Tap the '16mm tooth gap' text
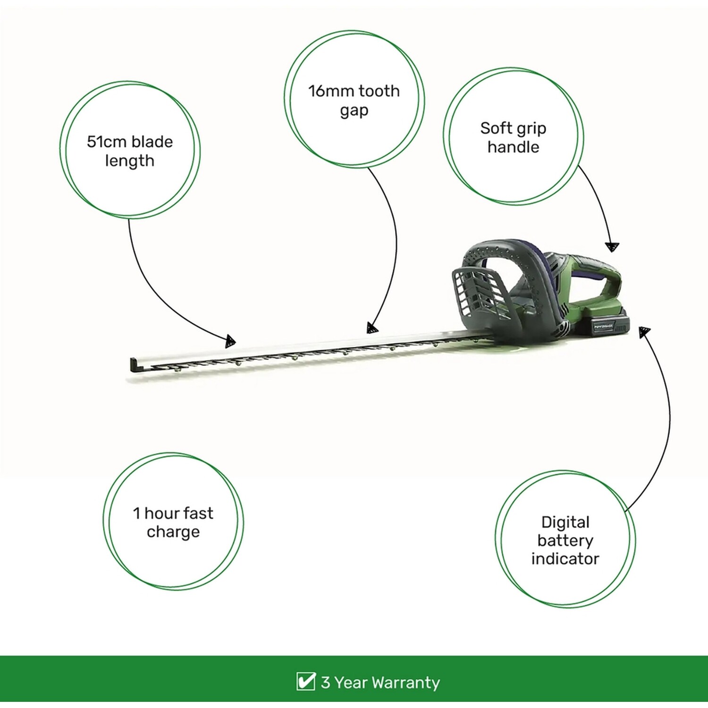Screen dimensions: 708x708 click(354, 101)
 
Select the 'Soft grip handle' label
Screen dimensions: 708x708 click(513, 137)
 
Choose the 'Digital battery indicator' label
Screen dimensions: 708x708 click(565, 540)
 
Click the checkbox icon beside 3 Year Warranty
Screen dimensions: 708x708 click(305, 682)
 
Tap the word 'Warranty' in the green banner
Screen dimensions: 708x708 click(405, 683)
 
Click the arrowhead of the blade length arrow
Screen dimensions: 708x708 click(230, 341)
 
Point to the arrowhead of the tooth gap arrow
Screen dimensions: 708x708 click(372, 328)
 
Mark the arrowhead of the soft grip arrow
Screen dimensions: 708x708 click(612, 247)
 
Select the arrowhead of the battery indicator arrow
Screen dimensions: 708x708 click(644, 332)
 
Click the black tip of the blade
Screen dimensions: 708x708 click(134, 365)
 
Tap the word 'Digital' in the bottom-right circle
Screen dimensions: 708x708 click(565, 522)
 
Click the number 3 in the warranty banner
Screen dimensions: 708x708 click(326, 683)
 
